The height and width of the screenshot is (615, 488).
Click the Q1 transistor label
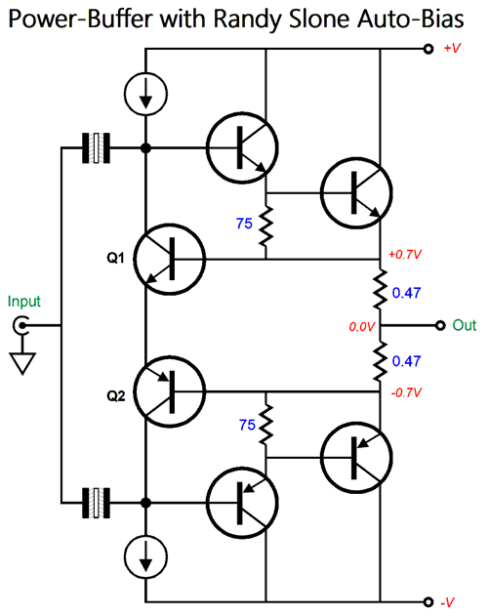point(116,258)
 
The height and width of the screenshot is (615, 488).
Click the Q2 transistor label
point(116,396)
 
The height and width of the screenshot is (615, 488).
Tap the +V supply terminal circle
point(428,49)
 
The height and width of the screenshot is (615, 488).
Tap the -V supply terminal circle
point(428,602)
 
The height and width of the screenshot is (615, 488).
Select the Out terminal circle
point(440,325)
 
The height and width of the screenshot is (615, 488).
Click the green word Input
point(24,302)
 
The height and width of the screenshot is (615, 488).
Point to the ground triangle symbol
point(22,363)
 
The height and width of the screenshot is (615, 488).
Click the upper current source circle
point(146,94)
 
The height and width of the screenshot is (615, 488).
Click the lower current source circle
point(146,557)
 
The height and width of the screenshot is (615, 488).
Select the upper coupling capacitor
point(96,147)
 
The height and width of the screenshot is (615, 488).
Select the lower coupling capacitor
point(96,503)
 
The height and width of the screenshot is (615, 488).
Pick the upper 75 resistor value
point(244,224)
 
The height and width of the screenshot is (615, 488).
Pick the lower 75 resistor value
point(247,425)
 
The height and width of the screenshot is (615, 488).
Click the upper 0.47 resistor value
point(406,293)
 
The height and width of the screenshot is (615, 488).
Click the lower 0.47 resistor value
point(406,361)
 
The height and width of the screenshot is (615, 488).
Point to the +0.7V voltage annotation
point(405,255)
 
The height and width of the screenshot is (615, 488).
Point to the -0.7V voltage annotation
point(406,392)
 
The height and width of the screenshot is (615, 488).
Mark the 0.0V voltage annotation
point(362,326)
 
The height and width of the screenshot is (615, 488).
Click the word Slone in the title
point(318,19)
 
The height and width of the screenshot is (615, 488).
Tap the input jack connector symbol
point(20,325)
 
